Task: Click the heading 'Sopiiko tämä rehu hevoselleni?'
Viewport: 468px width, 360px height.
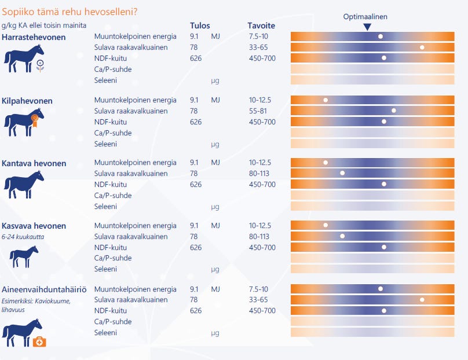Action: [x=70, y=12]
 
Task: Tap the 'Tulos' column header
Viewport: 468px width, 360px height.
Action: [x=200, y=25]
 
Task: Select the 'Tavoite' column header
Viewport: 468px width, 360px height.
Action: [x=261, y=25]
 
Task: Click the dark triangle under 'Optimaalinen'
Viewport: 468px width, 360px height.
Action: [x=367, y=27]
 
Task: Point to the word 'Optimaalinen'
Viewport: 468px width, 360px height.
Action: [x=365, y=17]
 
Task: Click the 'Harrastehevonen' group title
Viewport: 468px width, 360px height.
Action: [x=34, y=37]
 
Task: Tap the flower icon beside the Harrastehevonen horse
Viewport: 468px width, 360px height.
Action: [x=41, y=65]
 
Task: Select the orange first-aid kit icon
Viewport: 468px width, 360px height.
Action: [x=39, y=342]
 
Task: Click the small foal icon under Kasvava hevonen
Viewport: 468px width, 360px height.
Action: [x=24, y=256]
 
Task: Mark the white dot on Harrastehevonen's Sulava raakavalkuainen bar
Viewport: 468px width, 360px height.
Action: [x=422, y=47]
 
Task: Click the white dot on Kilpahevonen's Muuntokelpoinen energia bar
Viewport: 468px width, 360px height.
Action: [x=326, y=100]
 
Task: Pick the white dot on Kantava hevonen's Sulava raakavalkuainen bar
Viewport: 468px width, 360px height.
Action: [x=342, y=173]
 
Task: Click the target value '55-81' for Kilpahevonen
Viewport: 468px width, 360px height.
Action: [x=258, y=111]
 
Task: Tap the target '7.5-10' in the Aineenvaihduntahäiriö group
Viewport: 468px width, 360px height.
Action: [x=258, y=289]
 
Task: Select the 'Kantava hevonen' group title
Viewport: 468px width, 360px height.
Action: [x=34, y=163]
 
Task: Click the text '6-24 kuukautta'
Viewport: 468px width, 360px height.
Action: [x=23, y=237]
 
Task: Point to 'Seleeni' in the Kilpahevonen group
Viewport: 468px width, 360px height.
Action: [x=105, y=144]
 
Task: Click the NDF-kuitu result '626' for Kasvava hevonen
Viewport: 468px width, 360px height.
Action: [x=196, y=247]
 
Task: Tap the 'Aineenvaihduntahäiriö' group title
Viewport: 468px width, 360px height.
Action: [x=44, y=289]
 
